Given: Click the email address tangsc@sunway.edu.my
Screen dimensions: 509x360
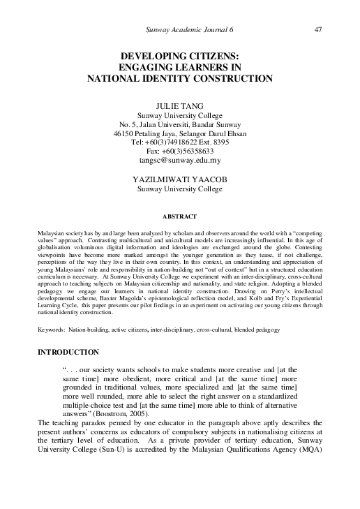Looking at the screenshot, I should (180, 159).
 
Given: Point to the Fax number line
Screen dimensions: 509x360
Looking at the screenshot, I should (180, 150).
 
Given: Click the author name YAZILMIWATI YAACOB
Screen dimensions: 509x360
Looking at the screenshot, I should (180, 179).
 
